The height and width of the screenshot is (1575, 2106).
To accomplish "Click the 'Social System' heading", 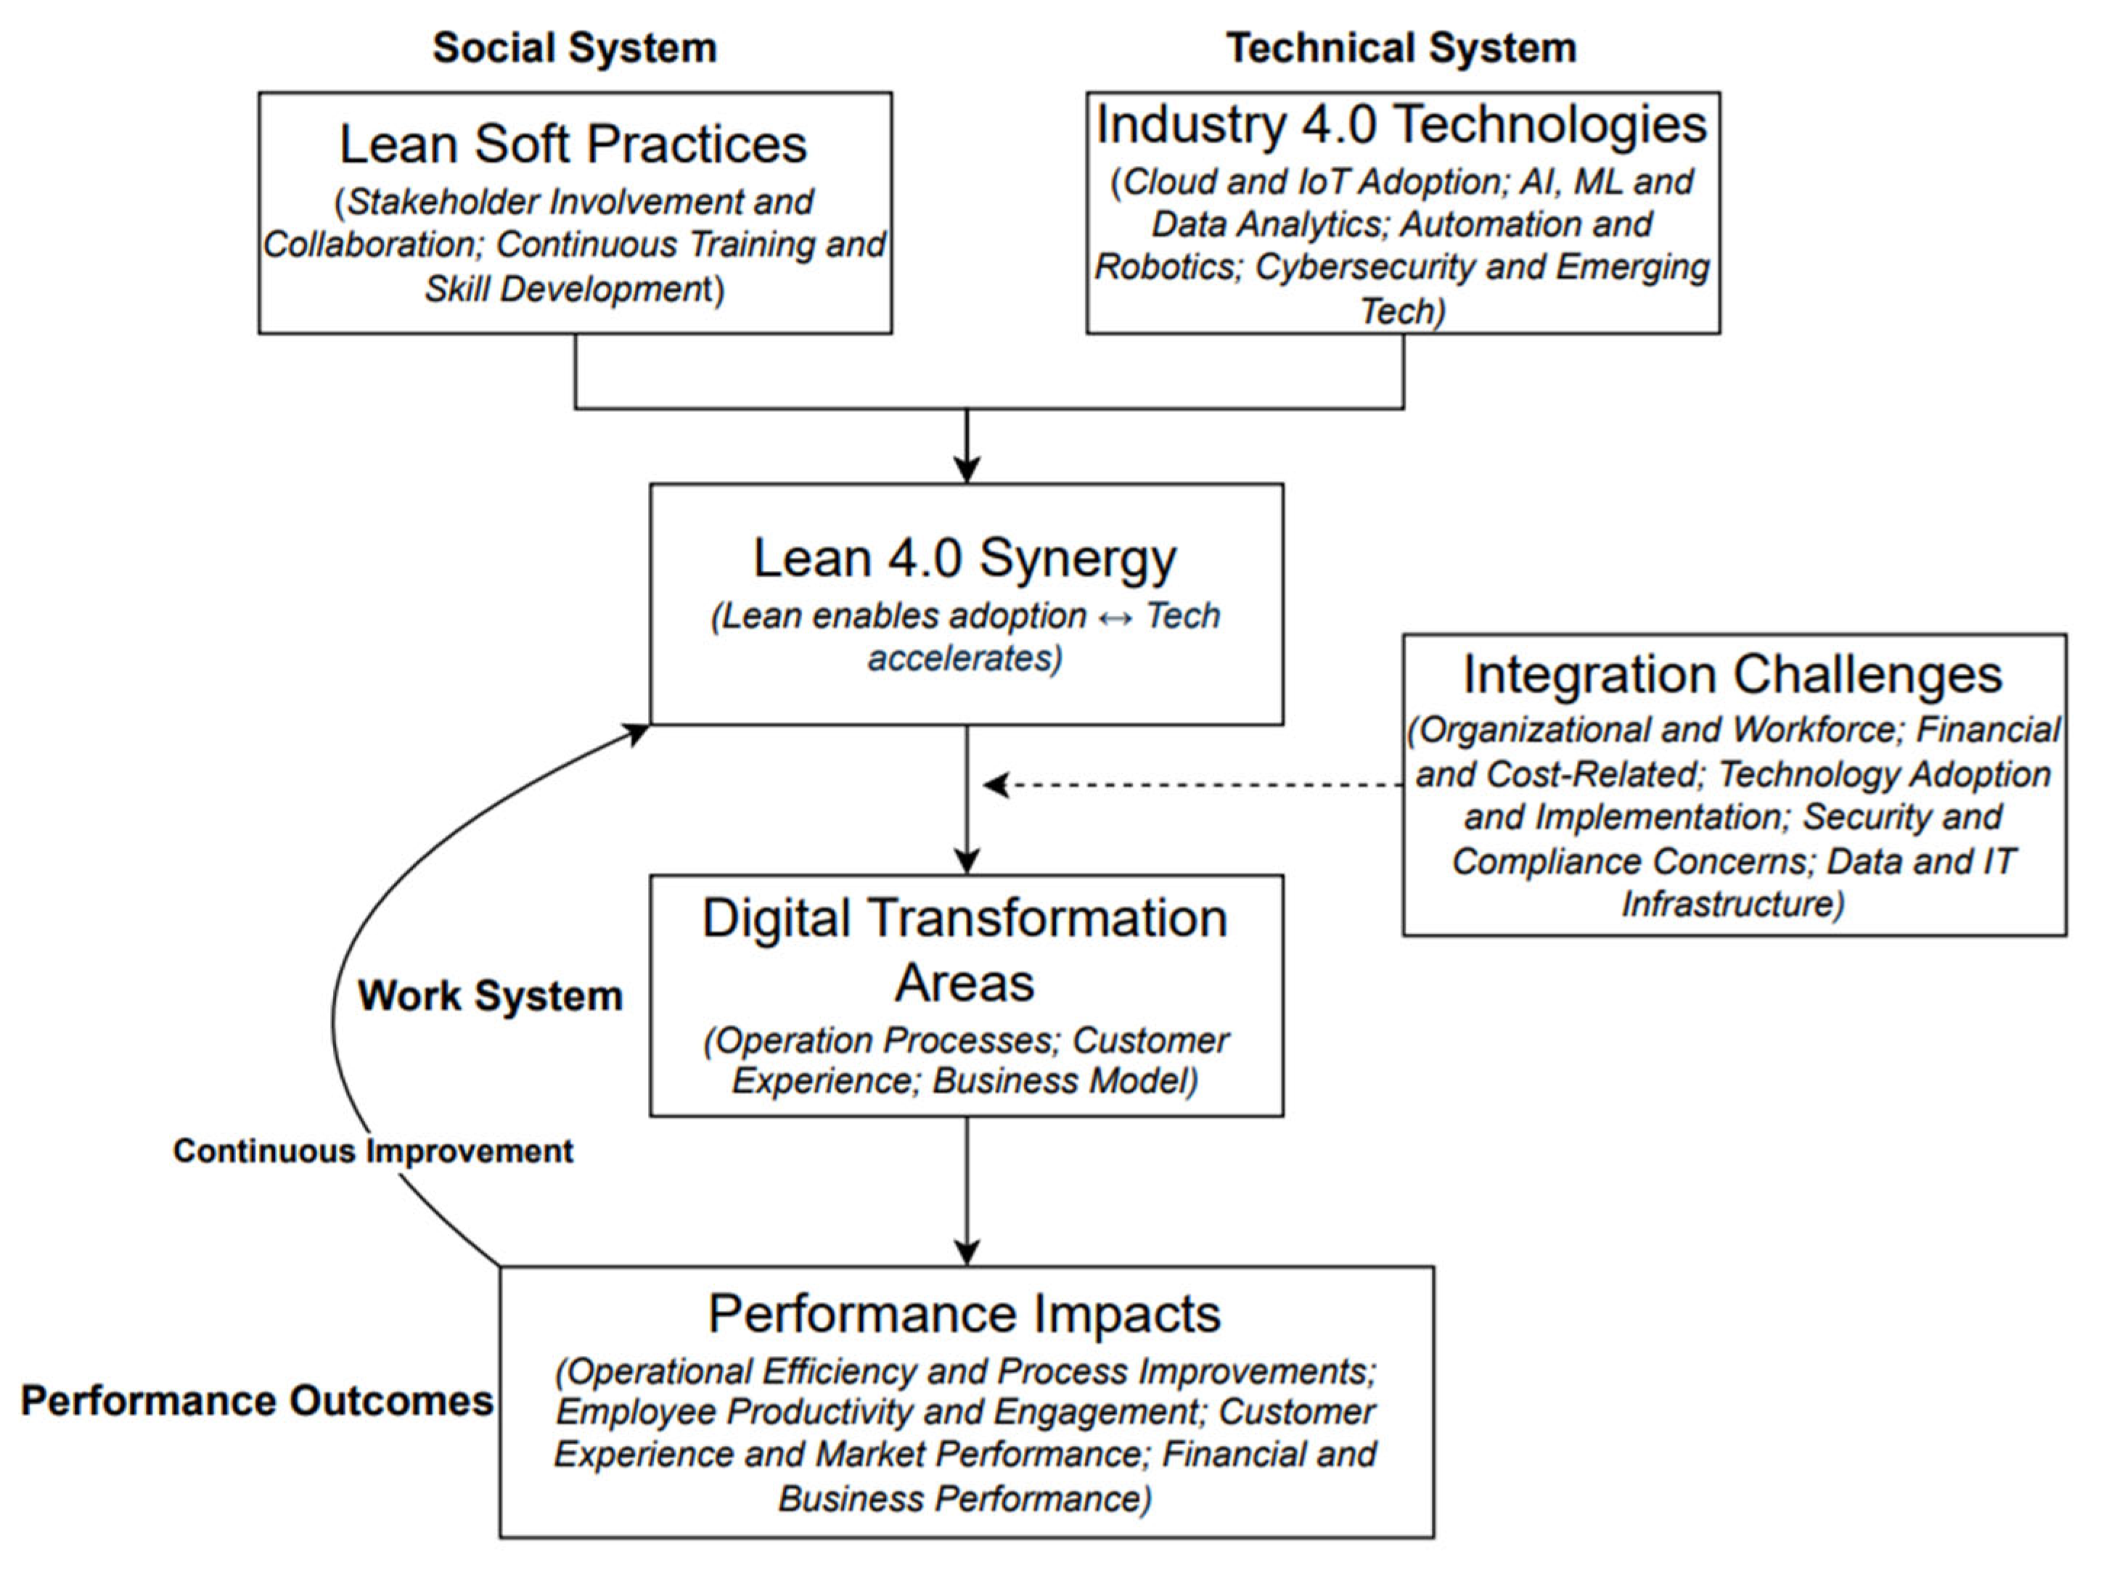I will [574, 48].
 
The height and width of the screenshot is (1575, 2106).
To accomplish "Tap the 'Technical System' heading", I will [1401, 48].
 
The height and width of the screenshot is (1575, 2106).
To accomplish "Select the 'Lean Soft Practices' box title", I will [573, 144].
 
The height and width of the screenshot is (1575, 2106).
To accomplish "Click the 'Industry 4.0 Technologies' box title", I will [1401, 125].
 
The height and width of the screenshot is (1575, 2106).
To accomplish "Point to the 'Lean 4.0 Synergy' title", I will [964, 558].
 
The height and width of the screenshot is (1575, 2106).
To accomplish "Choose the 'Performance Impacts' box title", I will [964, 1315].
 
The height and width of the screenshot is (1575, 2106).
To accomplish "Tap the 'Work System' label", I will [491, 996].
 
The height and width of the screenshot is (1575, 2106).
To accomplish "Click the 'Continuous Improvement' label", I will [372, 1151].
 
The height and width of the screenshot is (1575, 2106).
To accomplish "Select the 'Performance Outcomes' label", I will [257, 1401].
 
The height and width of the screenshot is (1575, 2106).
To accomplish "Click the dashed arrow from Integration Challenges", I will [1190, 785].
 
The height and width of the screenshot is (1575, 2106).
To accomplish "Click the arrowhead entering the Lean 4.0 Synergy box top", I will [967, 470].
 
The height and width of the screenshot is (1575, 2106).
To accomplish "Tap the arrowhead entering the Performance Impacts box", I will [967, 1251].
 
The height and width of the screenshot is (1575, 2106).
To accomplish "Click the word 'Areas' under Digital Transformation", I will [964, 983].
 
